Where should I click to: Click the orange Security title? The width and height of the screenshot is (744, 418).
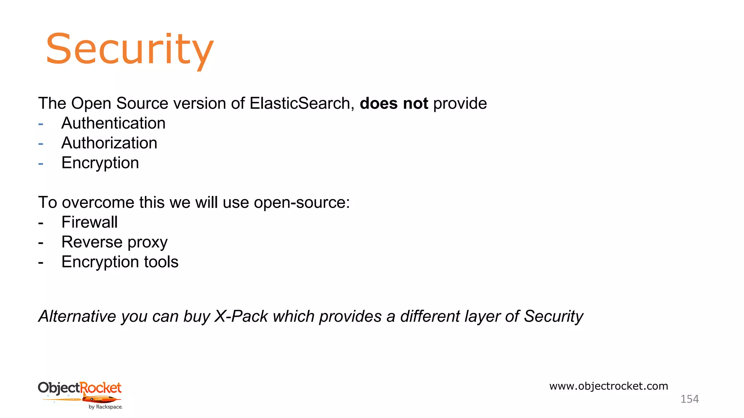click(129, 49)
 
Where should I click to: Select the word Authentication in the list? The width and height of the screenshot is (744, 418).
click(113, 123)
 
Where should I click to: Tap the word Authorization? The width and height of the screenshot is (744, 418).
click(109, 143)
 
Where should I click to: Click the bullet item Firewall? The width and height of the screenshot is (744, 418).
click(89, 222)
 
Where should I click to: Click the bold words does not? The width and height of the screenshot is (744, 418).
click(394, 103)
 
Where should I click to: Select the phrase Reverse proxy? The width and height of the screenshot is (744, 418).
click(114, 242)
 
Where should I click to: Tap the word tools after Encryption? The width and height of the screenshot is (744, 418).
click(161, 262)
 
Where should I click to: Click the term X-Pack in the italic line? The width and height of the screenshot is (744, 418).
click(241, 316)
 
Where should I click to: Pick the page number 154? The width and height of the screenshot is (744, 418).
click(689, 399)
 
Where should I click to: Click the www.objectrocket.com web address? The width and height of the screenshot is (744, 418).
click(608, 386)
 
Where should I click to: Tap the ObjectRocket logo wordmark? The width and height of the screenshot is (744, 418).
click(80, 388)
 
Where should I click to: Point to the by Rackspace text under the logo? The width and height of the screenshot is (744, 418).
click(105, 407)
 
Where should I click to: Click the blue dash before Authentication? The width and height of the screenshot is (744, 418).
click(41, 124)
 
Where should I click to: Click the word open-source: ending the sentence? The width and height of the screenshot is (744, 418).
click(302, 202)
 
